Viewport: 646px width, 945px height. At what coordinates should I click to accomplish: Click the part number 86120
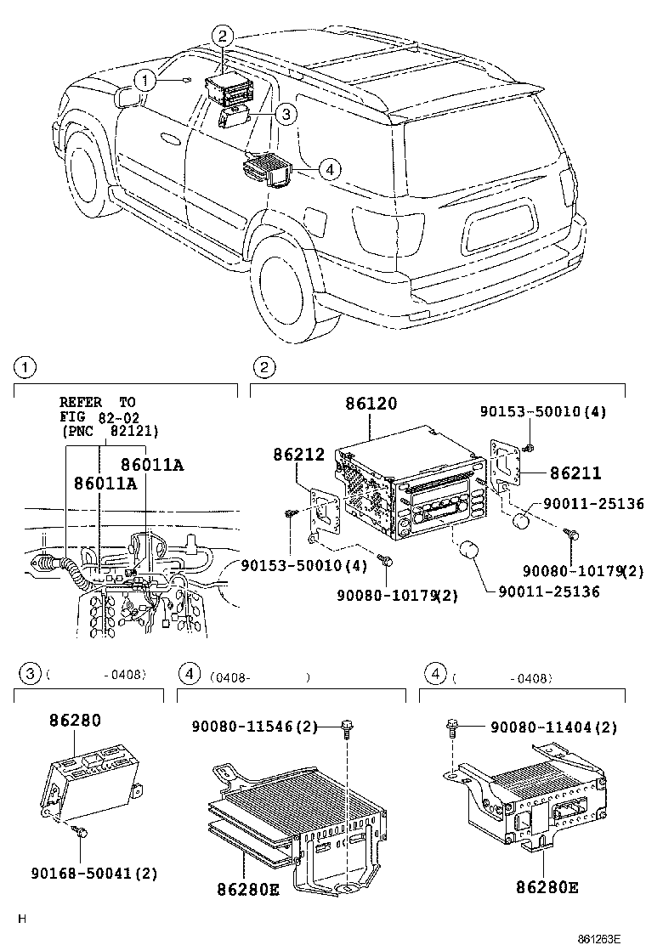point(371,404)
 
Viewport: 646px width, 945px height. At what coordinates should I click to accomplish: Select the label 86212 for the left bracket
point(298,456)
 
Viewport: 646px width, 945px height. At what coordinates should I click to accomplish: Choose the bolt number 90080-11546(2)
point(254,727)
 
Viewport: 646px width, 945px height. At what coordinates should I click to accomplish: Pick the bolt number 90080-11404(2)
point(553,727)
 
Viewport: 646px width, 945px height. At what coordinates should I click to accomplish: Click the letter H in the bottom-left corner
point(23,919)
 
